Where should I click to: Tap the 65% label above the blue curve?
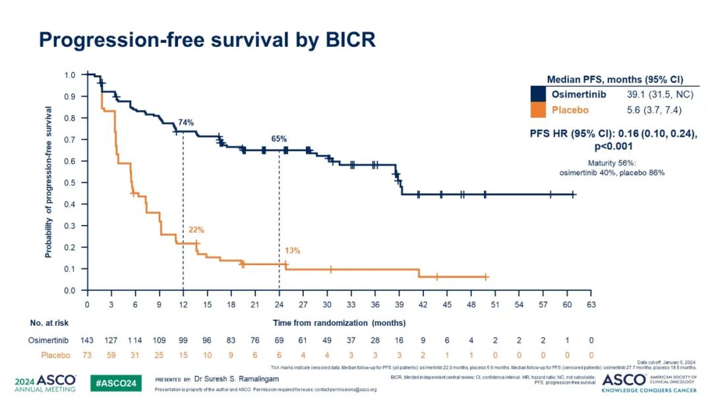279,139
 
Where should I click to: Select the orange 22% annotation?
196,230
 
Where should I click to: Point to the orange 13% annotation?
293,251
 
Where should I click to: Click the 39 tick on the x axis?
399,305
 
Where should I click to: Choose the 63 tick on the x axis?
591,305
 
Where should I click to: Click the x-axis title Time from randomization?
339,323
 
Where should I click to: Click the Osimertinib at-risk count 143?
87,340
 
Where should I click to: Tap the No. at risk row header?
49,323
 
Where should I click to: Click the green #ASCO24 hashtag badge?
115,383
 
